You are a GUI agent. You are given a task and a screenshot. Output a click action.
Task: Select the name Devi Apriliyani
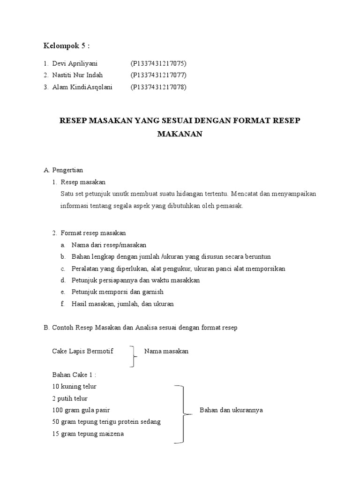point(75,63)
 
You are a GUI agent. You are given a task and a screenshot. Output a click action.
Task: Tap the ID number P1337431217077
point(159,75)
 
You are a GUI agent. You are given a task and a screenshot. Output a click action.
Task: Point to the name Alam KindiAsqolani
point(83,87)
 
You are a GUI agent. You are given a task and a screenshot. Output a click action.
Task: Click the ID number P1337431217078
point(159,87)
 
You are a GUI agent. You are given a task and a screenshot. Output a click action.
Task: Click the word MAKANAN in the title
point(180,134)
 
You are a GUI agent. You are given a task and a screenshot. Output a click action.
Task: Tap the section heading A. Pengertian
point(63,170)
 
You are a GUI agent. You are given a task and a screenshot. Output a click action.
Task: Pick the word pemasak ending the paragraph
point(231,206)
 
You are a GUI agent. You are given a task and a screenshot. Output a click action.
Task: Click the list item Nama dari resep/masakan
point(109,245)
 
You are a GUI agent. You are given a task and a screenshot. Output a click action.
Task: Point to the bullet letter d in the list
point(62,280)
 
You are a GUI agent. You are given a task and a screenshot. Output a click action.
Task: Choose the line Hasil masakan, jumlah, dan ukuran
point(122,304)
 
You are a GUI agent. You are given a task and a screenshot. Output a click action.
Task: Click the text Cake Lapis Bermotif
point(83,351)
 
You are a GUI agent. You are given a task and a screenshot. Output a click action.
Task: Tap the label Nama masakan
point(166,351)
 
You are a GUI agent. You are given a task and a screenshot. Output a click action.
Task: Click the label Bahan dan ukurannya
point(231,410)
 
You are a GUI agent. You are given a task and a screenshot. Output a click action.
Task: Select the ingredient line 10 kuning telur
point(75,387)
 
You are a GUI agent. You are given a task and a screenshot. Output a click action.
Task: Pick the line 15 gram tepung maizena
point(89,434)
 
